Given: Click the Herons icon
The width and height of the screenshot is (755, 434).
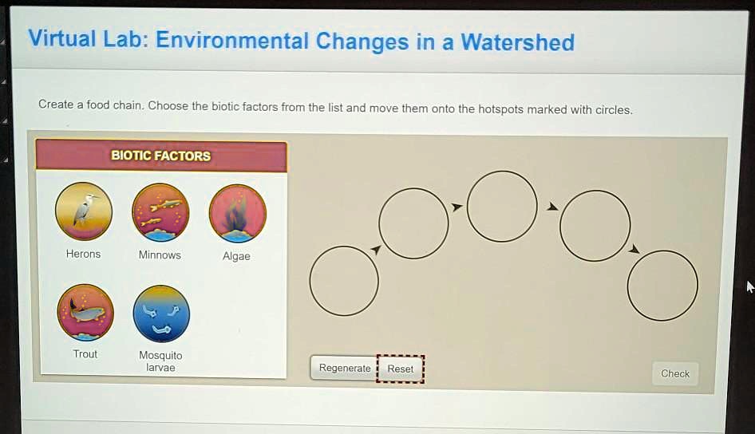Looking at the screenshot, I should [x=84, y=211].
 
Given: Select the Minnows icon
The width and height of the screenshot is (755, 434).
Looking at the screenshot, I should [x=160, y=212].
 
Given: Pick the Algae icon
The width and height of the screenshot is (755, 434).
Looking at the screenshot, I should [x=237, y=213].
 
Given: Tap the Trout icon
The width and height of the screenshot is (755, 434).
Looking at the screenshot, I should [x=85, y=312].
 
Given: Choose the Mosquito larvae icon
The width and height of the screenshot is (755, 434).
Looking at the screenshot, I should [x=160, y=314].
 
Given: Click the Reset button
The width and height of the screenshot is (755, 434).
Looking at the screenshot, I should [x=401, y=369].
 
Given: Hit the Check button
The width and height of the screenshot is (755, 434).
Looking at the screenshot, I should [x=674, y=373].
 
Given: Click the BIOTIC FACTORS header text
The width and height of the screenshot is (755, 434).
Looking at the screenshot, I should [x=160, y=156].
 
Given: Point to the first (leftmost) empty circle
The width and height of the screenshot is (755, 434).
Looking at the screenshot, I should [x=344, y=281].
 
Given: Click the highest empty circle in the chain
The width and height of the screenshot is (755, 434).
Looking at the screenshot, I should [x=502, y=206].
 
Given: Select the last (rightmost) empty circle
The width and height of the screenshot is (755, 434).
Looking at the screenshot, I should [x=662, y=286].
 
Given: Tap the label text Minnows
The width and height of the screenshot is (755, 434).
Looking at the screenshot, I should [x=160, y=255].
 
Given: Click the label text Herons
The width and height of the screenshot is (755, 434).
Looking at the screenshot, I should [x=83, y=254].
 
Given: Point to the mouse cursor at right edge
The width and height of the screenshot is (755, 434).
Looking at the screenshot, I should [x=749, y=286].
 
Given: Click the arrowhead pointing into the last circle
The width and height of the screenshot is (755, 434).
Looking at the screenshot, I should [x=634, y=250].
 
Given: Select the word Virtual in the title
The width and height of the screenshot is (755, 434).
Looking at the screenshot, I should [x=61, y=38].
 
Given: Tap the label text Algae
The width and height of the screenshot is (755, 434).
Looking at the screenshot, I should [x=236, y=256].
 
